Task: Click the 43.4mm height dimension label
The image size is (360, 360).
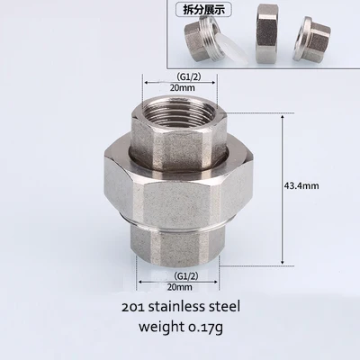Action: [x=301, y=185]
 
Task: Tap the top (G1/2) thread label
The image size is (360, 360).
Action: [x=189, y=76]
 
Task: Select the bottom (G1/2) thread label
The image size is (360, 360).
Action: [x=186, y=276]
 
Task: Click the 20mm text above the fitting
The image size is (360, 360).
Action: [x=182, y=87]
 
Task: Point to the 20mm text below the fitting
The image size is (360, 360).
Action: [x=180, y=287]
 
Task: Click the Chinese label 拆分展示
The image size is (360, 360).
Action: [x=203, y=10]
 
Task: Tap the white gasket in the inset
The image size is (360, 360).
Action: [x=231, y=47]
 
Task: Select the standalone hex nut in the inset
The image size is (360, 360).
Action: [x=266, y=33]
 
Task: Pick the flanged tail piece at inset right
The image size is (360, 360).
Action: [x=312, y=38]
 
